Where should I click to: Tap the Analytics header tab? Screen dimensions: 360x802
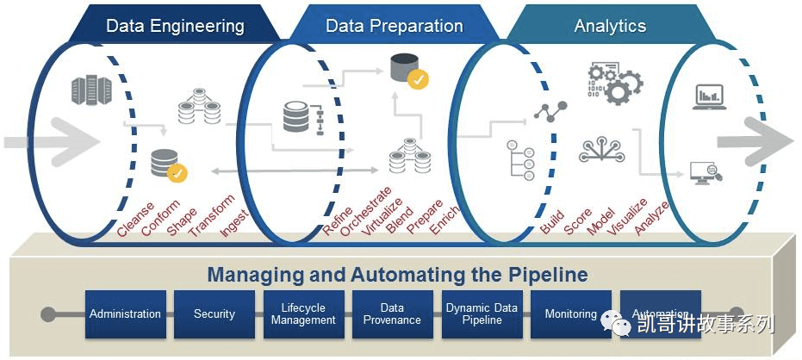tap(610, 26)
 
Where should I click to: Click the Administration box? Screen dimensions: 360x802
tap(125, 314)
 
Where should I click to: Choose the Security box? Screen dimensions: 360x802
tap(214, 314)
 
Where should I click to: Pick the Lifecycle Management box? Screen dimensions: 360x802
tap(303, 314)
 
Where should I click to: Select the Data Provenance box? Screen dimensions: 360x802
tap(392, 314)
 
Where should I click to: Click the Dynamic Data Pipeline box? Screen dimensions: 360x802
tap(482, 314)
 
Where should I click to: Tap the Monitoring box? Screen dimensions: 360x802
tap(570, 314)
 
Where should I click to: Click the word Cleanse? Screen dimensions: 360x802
tap(136, 219)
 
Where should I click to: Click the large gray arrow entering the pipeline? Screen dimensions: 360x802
tap(52, 140)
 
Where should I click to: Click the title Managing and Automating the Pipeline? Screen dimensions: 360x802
tap(397, 275)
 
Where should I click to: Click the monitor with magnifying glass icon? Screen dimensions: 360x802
tap(706, 173)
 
